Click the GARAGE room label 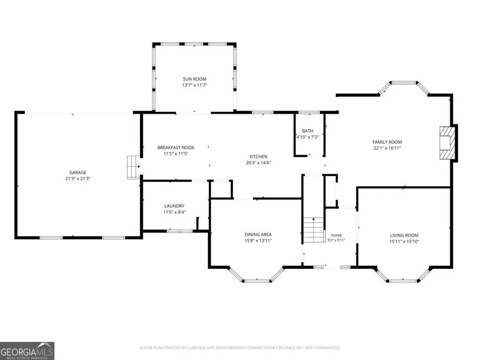click(78, 172)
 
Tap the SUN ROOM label click(194, 79)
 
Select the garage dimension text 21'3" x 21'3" click(78, 178)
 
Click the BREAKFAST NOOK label click(176, 147)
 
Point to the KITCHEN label click(258, 156)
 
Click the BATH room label click(308, 131)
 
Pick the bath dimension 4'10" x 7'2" click(308, 137)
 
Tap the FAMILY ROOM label click(387, 142)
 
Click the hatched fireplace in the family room click(447, 143)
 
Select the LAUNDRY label click(175, 206)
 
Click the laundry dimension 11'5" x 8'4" click(175, 212)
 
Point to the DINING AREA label click(258, 235)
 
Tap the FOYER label click(336, 235)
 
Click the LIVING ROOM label click(404, 235)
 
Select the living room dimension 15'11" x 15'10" click(404, 242)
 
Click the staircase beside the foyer click(314, 229)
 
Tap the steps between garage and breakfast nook click(133, 167)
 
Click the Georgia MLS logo click(27, 351)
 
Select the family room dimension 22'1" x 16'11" click(387, 148)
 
